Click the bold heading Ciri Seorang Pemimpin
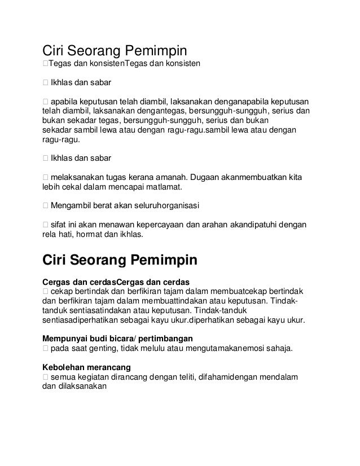120,262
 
